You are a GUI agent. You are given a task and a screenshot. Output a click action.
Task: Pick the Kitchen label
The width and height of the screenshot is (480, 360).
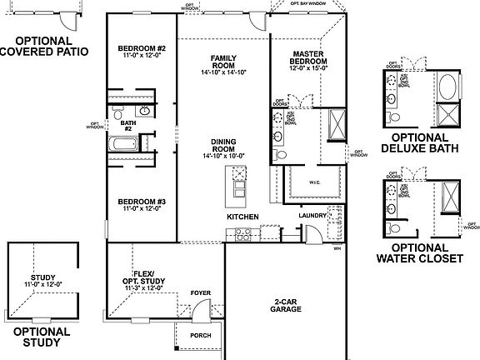[x=242, y=217]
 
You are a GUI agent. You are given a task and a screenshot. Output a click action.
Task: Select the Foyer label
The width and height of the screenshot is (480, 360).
[x=200, y=292]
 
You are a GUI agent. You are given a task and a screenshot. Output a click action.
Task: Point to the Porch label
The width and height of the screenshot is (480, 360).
[x=201, y=336]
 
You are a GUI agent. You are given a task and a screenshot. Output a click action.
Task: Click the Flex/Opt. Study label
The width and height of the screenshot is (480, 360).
[x=147, y=276]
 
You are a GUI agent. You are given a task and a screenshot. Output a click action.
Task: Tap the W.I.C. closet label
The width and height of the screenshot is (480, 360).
[x=314, y=181]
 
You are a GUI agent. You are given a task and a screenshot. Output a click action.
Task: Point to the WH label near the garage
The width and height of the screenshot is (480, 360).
[x=337, y=247]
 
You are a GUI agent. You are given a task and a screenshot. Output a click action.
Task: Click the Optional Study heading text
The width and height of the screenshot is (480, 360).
[x=42, y=336]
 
